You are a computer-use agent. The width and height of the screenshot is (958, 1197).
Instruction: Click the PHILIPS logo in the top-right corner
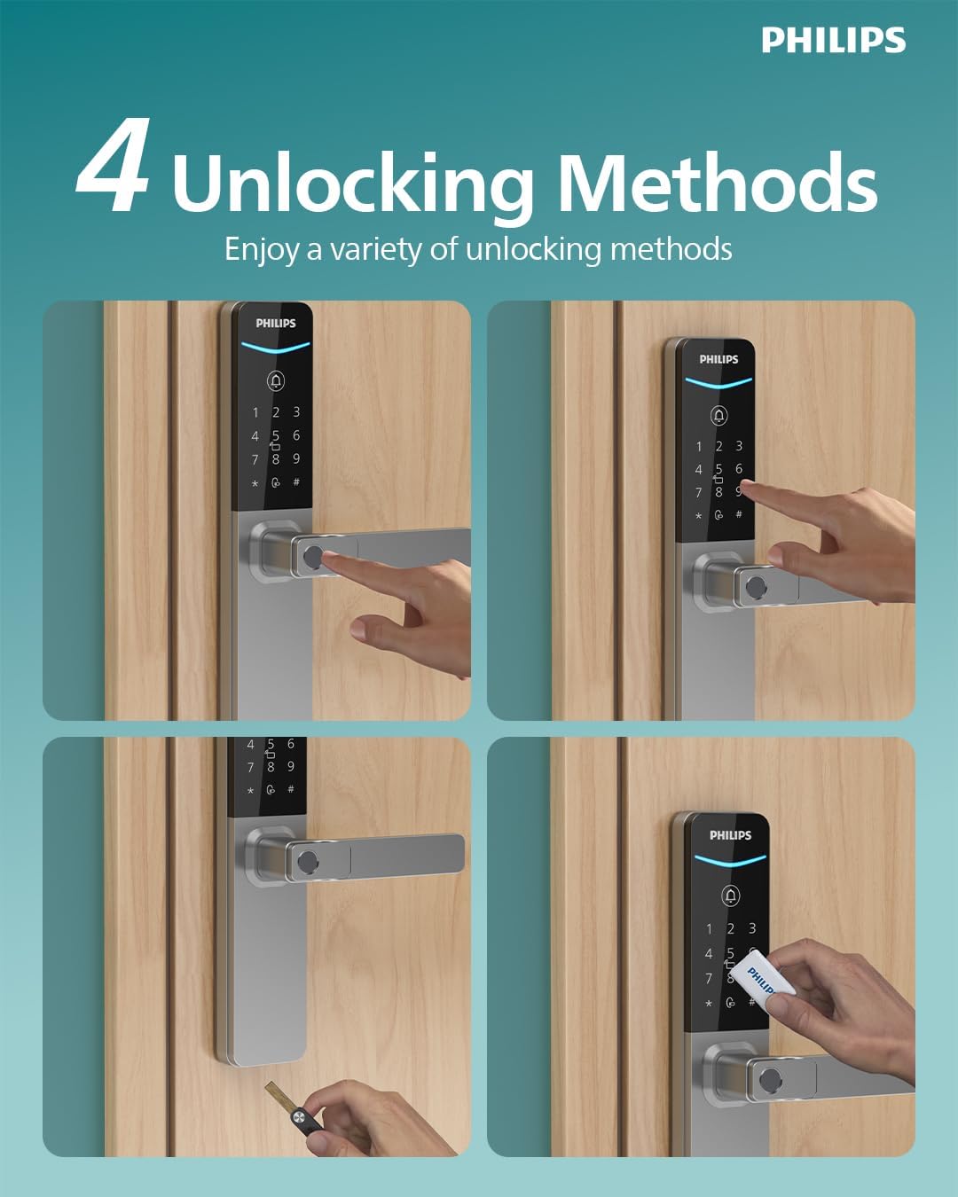coord(833,40)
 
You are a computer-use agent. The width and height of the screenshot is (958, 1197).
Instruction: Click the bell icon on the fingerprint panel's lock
coord(276,381)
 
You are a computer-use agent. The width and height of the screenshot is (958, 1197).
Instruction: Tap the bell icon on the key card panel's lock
coord(730,895)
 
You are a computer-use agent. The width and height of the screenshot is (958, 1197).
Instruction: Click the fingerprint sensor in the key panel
coord(306,864)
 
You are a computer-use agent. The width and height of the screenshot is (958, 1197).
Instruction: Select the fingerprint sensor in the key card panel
coord(772,1080)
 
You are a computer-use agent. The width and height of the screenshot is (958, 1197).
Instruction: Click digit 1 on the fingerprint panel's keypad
coord(255,412)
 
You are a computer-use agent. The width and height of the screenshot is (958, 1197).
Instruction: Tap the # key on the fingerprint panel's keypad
coord(296,481)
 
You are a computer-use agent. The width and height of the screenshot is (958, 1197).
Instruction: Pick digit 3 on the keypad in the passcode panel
coord(739,445)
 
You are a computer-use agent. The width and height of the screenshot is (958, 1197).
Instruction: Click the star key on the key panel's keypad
coord(250,790)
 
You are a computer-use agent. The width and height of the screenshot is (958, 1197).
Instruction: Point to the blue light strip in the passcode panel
coord(718,383)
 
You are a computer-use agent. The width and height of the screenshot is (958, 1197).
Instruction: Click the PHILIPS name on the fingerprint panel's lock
coord(276,323)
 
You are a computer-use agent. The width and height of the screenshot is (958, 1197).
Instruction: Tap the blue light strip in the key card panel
coord(730,861)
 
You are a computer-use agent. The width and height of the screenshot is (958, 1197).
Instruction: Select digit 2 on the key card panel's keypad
coord(730,928)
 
